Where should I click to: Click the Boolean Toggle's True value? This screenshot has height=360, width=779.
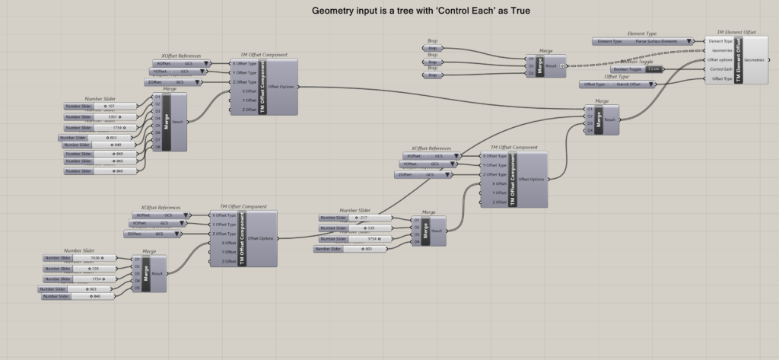[x=653, y=68]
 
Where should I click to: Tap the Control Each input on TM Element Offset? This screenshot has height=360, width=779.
[x=719, y=68]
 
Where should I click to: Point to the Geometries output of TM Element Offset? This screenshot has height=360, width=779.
[x=755, y=59]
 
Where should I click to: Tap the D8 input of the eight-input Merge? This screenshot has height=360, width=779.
[x=158, y=147]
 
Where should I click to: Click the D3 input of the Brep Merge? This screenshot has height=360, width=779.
[x=530, y=75]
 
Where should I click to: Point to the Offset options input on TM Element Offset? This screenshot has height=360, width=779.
[x=719, y=59]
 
